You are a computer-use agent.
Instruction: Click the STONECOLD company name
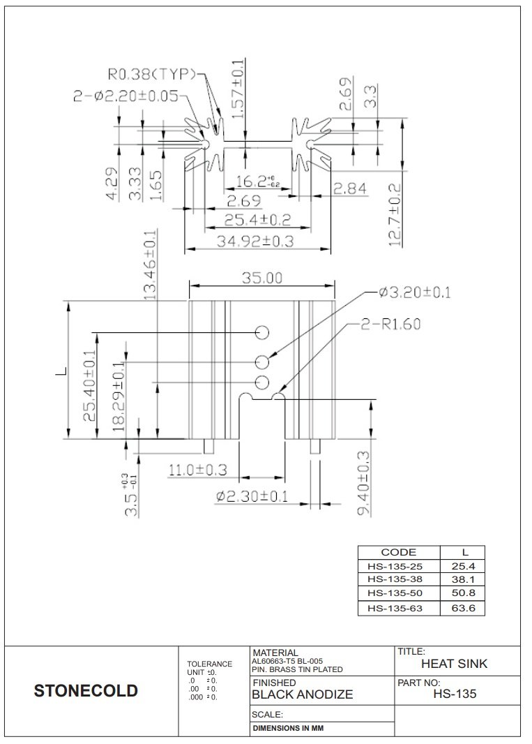click(86, 692)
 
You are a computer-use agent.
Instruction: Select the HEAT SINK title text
click(455, 664)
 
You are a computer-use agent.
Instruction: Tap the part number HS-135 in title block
click(455, 694)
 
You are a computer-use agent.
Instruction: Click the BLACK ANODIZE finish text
click(302, 694)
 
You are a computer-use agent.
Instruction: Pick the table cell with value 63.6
click(464, 608)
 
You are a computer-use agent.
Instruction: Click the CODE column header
click(399, 552)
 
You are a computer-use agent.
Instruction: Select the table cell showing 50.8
click(464, 593)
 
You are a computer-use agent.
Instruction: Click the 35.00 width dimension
click(262, 278)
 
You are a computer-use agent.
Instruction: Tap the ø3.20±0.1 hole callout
click(414, 292)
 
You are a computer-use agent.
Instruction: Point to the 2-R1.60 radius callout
click(390, 324)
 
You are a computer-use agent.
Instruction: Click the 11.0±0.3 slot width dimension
click(198, 470)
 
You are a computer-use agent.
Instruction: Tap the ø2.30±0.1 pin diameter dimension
click(252, 496)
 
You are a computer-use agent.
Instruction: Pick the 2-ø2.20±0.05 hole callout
click(126, 96)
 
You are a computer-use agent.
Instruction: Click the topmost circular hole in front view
click(262, 332)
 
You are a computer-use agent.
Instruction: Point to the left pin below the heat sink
click(208, 446)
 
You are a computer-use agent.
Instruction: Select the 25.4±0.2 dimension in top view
click(257, 221)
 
